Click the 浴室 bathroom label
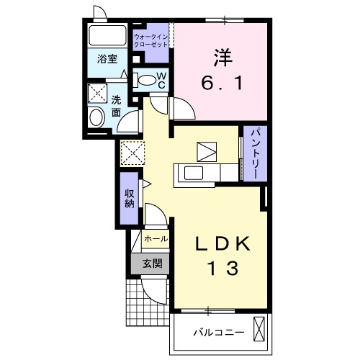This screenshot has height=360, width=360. tap(107, 59)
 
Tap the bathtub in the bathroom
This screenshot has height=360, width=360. tap(107, 35)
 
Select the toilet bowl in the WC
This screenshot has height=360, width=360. tap(145, 81)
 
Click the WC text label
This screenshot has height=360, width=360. tap(162, 80)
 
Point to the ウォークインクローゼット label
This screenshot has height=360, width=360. tap(150, 41)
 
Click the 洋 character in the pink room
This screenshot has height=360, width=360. tap(223, 58)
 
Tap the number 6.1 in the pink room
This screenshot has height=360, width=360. tap(222, 83)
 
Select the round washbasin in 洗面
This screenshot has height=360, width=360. tap(96, 117)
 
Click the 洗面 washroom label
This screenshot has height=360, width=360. tap(116, 107)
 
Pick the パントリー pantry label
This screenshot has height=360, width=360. tap(255, 153)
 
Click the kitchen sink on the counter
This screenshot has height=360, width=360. tap(194, 173)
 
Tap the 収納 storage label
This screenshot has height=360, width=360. tap(130, 199)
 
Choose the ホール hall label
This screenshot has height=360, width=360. tap(156, 239)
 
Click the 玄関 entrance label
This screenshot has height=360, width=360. tap(153, 264)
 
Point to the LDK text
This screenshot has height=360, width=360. tap(223, 243)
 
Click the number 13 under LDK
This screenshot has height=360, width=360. tap(224, 268)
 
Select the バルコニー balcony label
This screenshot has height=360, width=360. tap(219, 333)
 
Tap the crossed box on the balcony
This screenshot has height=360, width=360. tap(259, 329)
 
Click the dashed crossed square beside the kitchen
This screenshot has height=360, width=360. tap(132, 153)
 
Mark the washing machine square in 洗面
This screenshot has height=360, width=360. tap(97, 94)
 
